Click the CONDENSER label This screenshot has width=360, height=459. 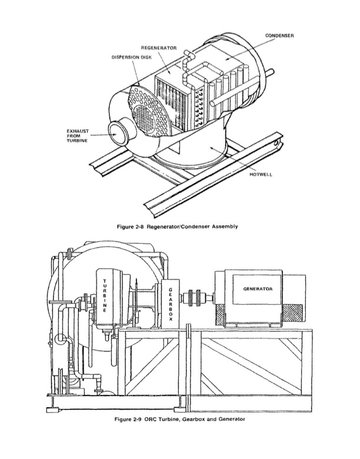279,36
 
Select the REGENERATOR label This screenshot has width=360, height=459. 159,48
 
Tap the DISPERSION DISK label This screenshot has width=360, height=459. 132,58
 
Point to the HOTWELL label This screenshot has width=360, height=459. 261,174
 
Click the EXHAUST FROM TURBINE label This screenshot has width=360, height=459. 77,136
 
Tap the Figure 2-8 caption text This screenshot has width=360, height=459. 178,227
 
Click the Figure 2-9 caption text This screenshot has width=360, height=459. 180,419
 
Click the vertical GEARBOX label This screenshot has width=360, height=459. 171,304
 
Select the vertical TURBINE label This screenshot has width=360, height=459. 105,295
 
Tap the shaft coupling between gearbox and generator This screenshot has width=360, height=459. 195,298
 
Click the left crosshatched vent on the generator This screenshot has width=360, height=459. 219,314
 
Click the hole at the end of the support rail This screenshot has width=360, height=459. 276,143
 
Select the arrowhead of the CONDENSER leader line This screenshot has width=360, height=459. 226,58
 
